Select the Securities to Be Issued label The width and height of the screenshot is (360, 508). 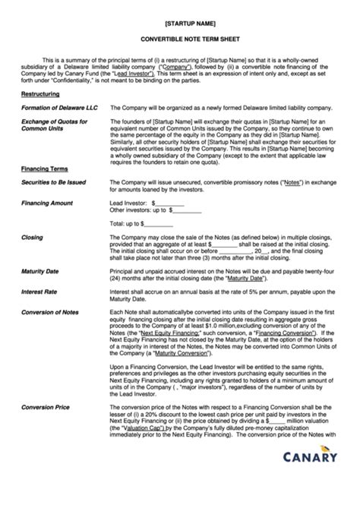pyautogui.click(x=53, y=182)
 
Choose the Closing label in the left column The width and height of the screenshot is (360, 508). pyautogui.click(x=32, y=238)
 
